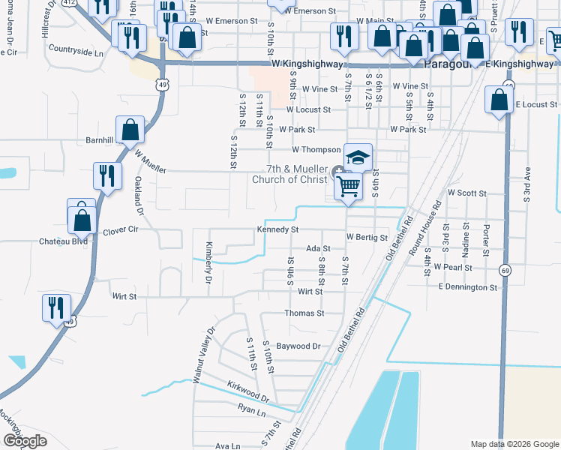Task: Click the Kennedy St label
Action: coord(278,229)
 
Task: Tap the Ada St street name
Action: coord(318,248)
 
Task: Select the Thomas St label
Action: coord(304,313)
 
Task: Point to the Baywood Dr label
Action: coord(298,346)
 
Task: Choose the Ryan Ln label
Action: coord(251,412)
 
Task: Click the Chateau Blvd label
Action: coord(64,241)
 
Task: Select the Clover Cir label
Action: coord(121,230)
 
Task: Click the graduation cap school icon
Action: coord(358,157)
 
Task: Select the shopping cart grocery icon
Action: coord(349,184)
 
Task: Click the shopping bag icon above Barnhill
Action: coord(130,129)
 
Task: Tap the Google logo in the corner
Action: coord(25,441)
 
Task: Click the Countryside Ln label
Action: coord(76,52)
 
